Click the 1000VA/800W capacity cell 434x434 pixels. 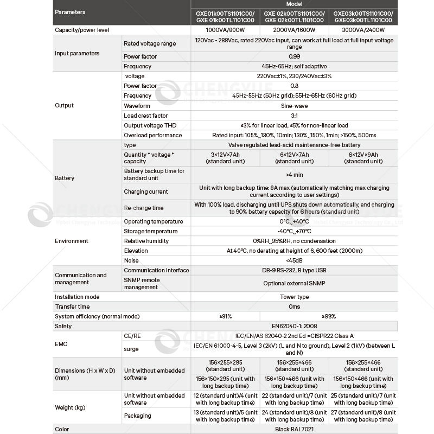click(225, 30)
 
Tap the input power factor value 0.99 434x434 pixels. click(294, 56)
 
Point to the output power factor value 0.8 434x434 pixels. click(294, 86)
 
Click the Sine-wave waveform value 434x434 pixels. click(294, 106)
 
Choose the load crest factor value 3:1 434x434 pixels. click(294, 116)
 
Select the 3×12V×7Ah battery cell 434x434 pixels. click(225, 158)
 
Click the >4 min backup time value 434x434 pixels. click(294, 175)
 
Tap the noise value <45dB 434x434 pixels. click(294, 260)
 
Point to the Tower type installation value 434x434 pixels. click(294, 297)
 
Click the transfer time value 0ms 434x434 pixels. click(294, 307)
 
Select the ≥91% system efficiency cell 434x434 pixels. click(225, 316)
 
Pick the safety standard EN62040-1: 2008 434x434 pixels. click(294, 326)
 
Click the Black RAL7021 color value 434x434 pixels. click(294, 429)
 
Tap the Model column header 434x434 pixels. click(294, 4)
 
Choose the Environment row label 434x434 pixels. click(72, 241)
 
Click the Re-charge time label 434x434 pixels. click(143, 208)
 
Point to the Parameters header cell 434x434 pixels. click(71, 12)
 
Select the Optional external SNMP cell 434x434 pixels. click(294, 284)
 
